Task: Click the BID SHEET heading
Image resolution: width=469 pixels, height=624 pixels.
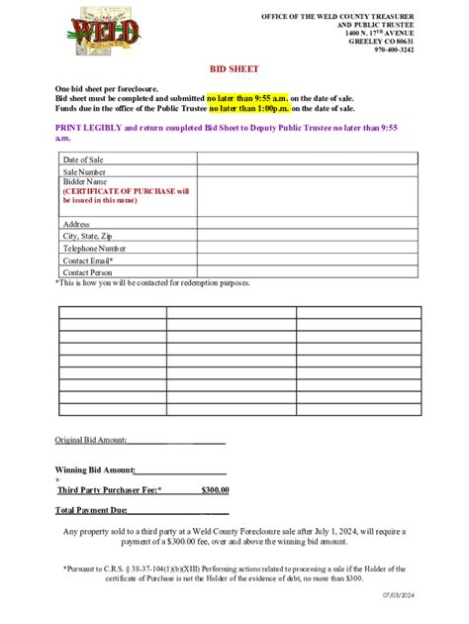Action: click(x=234, y=70)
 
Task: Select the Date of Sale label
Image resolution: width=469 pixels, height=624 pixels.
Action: click(x=83, y=159)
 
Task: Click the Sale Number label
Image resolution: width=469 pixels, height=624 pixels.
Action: click(x=85, y=172)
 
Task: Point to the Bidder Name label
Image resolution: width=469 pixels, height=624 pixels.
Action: click(x=84, y=182)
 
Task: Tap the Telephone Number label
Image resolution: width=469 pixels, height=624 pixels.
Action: click(x=94, y=249)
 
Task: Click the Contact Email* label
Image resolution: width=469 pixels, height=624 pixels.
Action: click(x=89, y=260)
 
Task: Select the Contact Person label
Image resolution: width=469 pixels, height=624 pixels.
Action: click(x=88, y=272)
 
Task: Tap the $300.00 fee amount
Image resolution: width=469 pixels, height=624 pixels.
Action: click(x=215, y=489)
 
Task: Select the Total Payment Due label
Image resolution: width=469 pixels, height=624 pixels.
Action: click(x=91, y=510)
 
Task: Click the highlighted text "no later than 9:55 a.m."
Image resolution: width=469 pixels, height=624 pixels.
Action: click(x=247, y=99)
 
